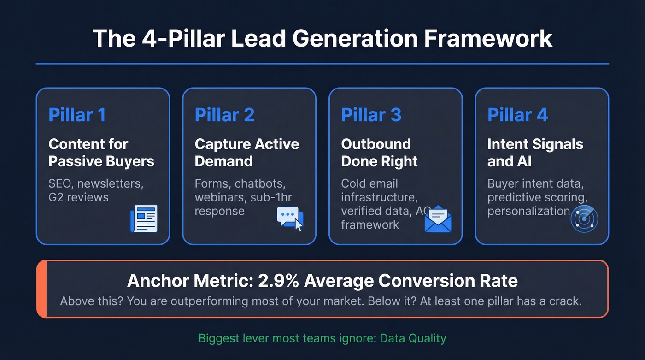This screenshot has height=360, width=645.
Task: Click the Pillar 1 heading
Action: pyautogui.click(x=77, y=115)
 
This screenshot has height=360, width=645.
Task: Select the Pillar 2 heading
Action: pyautogui.click(x=224, y=115)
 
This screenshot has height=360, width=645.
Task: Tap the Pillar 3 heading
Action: pyautogui.click(x=371, y=115)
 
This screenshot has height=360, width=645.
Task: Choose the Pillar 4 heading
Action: pyautogui.click(x=517, y=115)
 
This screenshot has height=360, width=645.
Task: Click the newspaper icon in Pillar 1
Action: pyautogui.click(x=144, y=218)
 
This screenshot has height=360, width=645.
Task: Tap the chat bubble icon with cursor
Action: pyautogui.click(x=290, y=218)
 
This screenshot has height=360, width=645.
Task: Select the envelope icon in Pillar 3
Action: pyautogui.click(x=438, y=219)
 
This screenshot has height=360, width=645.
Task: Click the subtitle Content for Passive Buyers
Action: pyautogui.click(x=101, y=153)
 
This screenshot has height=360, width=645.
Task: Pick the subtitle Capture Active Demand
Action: pyautogui.click(x=246, y=153)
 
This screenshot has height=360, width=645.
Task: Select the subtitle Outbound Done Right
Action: pyautogui.click(x=379, y=153)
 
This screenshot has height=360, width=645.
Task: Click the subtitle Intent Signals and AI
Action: pyautogui.click(x=535, y=153)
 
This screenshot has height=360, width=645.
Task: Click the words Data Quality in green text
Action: pyautogui.click(x=413, y=338)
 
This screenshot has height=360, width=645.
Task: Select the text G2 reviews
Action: pyautogui.click(x=78, y=197)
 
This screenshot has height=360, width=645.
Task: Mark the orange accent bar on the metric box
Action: pyautogui.click(x=41, y=289)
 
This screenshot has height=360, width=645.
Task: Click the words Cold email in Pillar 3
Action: pyautogui.click(x=369, y=183)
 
